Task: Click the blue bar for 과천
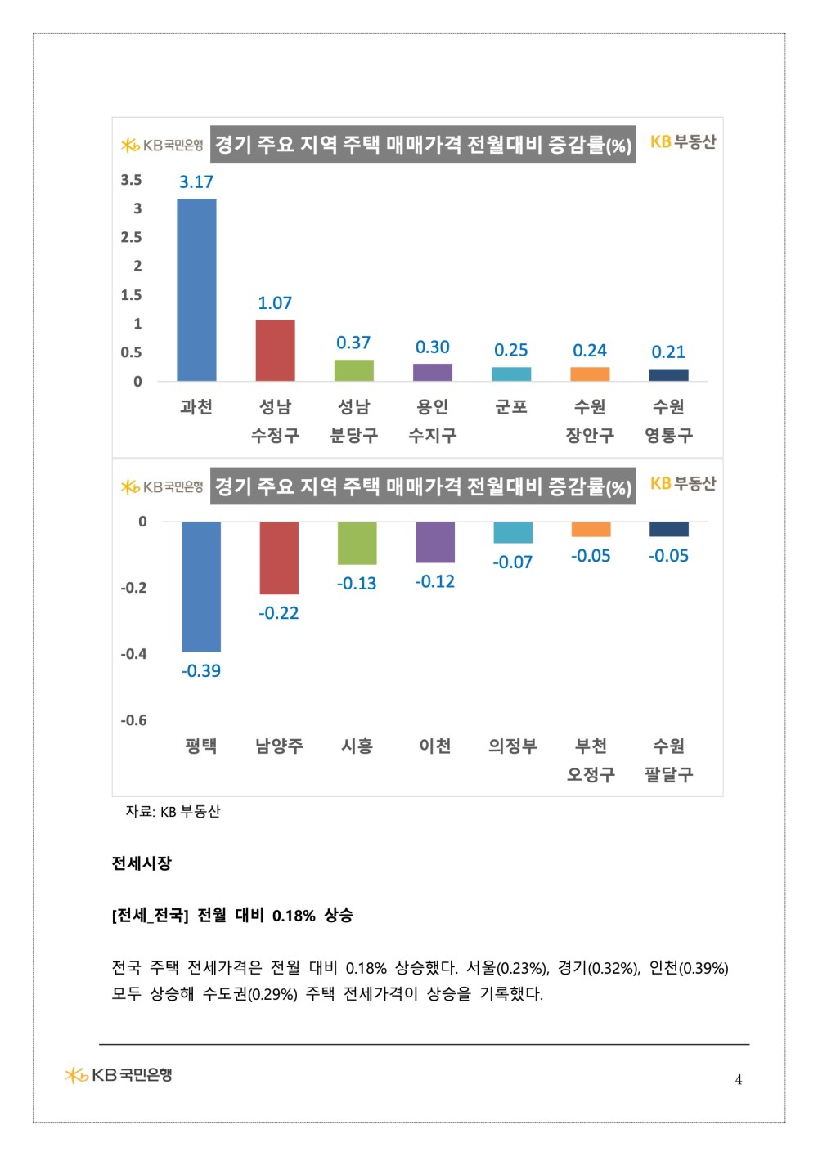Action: tap(196, 289)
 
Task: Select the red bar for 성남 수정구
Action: tap(275, 351)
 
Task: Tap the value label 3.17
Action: tap(196, 181)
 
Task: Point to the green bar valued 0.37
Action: tap(353, 370)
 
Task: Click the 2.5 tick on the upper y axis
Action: tap(131, 237)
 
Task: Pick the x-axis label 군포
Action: tap(510, 407)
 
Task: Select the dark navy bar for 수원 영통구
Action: tap(669, 375)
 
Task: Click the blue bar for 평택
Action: tap(201, 586)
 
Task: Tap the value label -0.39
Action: tap(201, 671)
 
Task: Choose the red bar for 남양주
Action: tap(280, 558)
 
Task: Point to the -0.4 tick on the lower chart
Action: tap(134, 654)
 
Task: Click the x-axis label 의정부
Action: tap(513, 746)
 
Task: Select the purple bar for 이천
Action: tap(435, 542)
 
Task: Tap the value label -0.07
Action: tap(512, 562)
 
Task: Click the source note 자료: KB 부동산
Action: tap(173, 812)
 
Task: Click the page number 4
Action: tap(739, 1080)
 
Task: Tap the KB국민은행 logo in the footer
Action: tap(119, 1075)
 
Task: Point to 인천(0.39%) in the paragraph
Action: tap(689, 968)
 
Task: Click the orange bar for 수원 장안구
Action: tap(591, 374)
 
